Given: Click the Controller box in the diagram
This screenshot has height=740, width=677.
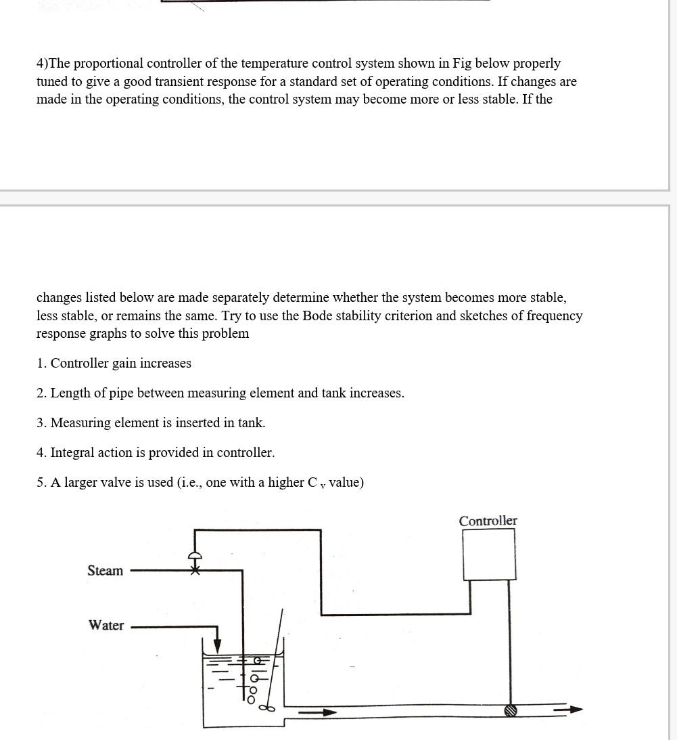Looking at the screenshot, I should tap(488, 554).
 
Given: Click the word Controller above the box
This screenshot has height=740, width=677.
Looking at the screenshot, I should tap(488, 521).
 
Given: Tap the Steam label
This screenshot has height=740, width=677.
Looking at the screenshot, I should tap(106, 571).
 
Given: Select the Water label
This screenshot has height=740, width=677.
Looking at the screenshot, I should tap(106, 625).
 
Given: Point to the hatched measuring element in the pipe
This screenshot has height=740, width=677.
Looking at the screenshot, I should tap(511, 710).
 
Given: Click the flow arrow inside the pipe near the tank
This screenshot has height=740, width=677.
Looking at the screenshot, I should tap(318, 712).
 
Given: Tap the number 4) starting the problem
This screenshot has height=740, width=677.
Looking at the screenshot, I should tap(43, 64).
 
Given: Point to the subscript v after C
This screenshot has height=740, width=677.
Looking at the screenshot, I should tap(323, 485).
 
